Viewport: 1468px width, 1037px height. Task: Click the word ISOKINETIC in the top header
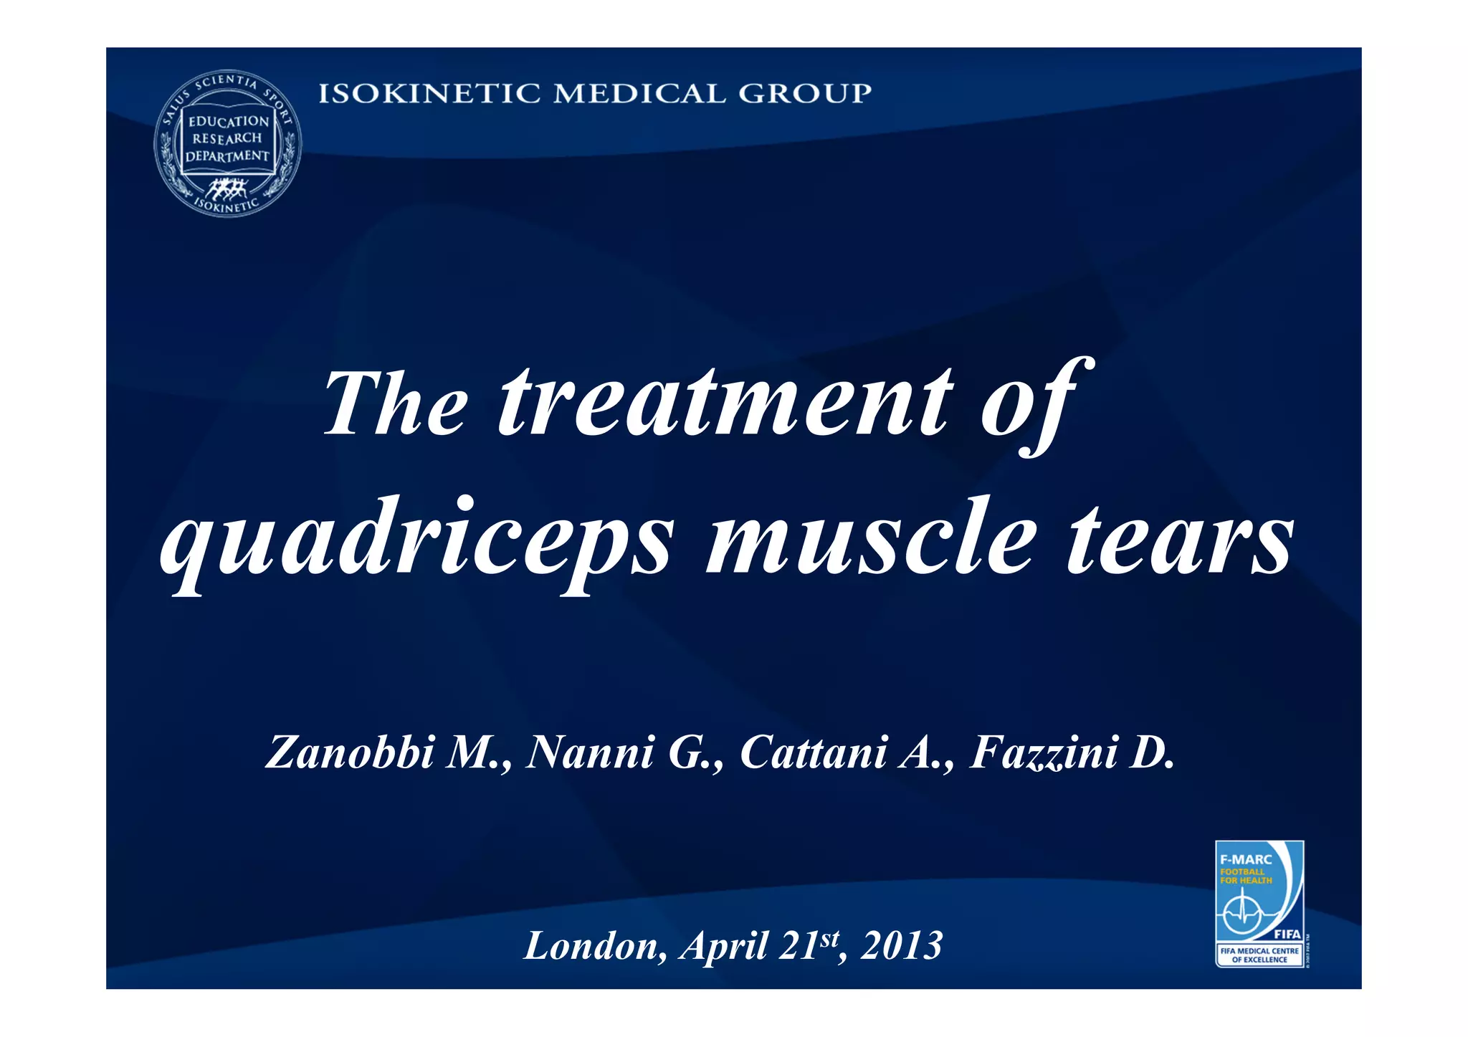tap(428, 93)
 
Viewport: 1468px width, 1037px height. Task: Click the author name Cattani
tap(813, 752)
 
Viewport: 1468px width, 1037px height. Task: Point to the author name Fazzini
tap(1043, 752)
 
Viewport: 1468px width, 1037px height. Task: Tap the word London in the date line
tap(592, 946)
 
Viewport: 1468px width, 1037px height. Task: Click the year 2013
tap(901, 946)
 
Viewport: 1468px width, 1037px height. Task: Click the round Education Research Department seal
tap(228, 143)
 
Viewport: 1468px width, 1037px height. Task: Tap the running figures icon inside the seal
tap(227, 188)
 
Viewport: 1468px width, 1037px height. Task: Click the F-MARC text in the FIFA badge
tap(1245, 859)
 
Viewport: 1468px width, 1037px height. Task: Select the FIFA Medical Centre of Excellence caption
tap(1259, 955)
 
